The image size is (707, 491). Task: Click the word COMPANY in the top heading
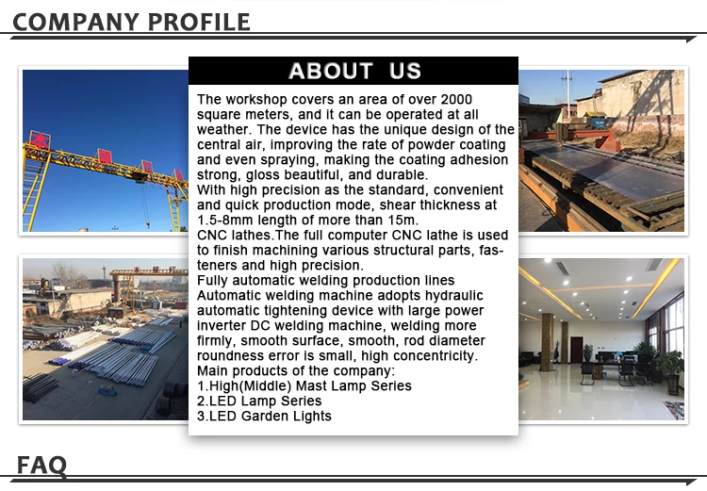point(75,22)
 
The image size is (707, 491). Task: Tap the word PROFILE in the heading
point(199,22)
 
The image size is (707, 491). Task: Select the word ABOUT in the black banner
point(331,71)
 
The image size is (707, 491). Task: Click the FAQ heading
point(41,465)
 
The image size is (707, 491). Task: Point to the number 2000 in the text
point(456,99)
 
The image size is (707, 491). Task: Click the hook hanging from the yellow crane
point(147,222)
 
